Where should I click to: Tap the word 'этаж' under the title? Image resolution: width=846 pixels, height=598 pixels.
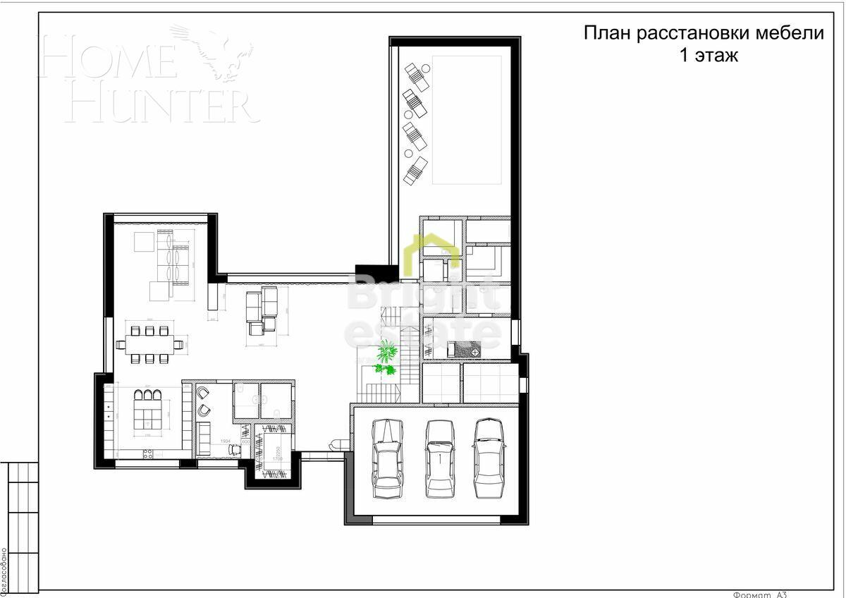pos(716,56)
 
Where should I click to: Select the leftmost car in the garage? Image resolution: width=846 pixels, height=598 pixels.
pos(387,458)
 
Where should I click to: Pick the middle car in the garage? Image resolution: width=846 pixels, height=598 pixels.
pos(440,458)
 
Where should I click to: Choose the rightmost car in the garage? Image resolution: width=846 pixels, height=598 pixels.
pos(489,458)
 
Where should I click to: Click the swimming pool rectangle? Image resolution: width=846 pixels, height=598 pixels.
pos(466,120)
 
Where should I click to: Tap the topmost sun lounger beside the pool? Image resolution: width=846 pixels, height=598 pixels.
pos(417,75)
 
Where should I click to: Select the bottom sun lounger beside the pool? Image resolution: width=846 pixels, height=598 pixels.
pos(415,171)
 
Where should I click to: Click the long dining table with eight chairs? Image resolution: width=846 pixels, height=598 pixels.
pos(149,345)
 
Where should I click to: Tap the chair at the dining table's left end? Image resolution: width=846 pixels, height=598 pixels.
pos(121,345)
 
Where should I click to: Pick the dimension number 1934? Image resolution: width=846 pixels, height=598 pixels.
pos(226,441)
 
